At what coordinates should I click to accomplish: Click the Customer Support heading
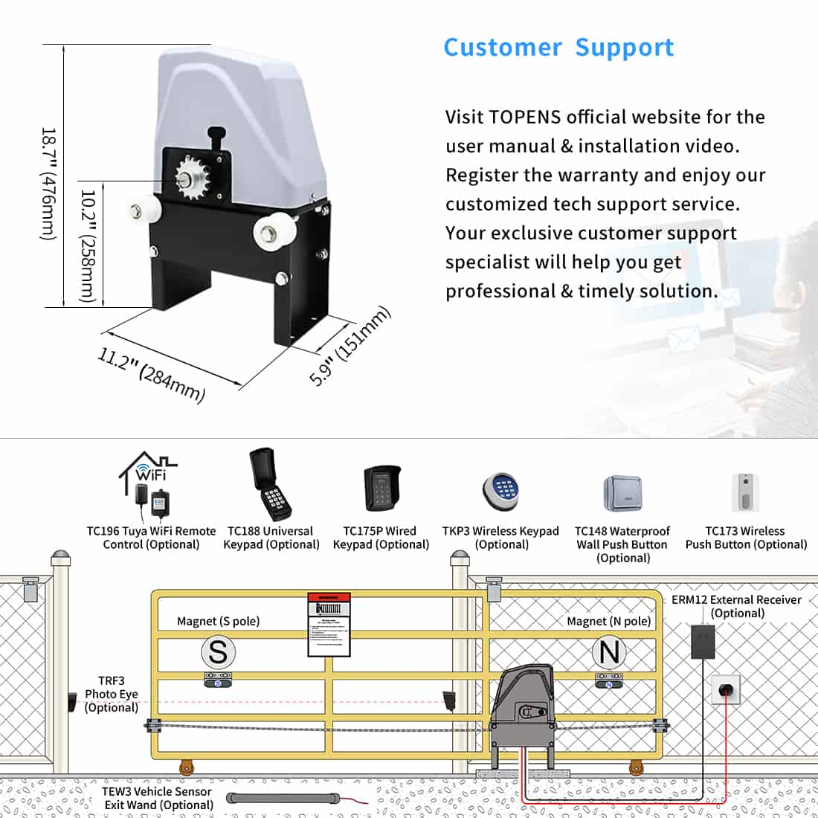[x=558, y=48]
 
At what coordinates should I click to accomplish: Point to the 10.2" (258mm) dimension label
[x=88, y=246]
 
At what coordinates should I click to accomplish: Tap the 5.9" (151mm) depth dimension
[x=350, y=346]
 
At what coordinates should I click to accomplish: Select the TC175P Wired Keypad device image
[x=381, y=488]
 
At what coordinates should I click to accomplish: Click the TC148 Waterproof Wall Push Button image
[x=622, y=493]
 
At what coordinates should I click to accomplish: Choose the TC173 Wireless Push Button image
[x=745, y=492]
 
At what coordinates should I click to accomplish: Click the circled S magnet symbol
[x=218, y=652]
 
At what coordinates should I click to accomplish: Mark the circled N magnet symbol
[x=609, y=652]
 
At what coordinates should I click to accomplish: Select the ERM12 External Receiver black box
[x=702, y=641]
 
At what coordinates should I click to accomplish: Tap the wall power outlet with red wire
[x=725, y=689]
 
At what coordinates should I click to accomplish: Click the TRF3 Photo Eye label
[x=111, y=694]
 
